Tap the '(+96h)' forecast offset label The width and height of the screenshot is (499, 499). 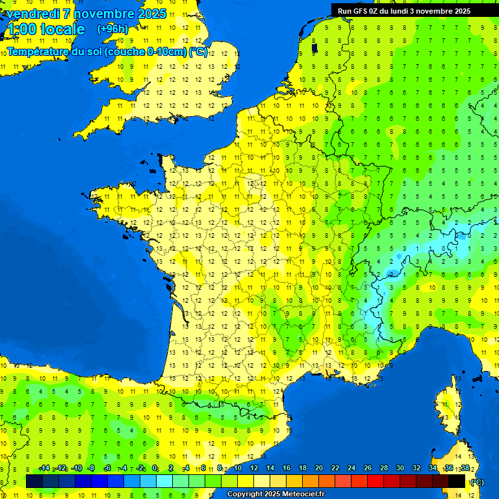112,29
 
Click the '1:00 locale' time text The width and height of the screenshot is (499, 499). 45,29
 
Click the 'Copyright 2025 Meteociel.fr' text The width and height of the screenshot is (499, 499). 275,494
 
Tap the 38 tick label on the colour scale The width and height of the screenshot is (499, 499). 465,468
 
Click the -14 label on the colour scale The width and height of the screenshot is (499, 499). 44,468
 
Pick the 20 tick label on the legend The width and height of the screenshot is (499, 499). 318,468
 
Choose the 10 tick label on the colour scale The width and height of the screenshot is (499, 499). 237,468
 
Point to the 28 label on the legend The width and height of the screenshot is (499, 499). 383,468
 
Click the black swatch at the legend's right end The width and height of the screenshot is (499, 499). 457,481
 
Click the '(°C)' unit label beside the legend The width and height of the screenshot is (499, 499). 477,482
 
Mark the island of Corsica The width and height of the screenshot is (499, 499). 447,416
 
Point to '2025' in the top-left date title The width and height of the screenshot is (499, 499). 152,14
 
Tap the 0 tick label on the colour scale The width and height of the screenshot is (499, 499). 155,468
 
